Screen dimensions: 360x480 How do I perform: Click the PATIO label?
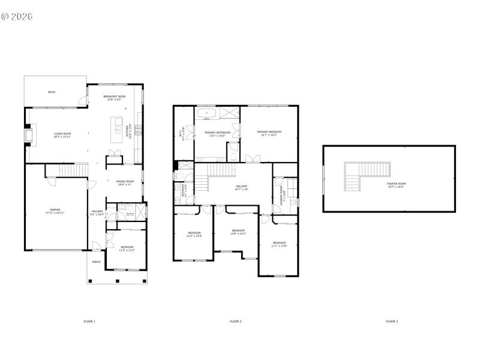(x=52, y=92)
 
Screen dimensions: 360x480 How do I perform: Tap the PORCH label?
(x=96, y=262)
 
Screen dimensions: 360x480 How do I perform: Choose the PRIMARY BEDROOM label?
(x=269, y=133)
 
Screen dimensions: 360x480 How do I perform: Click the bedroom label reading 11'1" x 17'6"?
(x=280, y=244)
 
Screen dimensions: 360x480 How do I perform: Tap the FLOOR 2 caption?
(x=236, y=322)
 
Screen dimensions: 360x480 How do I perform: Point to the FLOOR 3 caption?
(x=392, y=322)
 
